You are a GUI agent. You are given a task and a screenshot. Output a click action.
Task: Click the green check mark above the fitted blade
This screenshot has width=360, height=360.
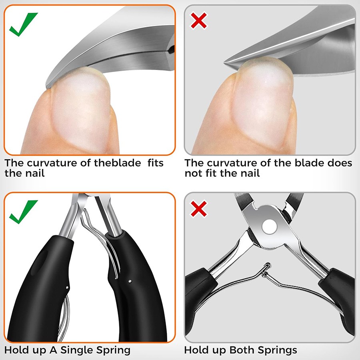point(23,25)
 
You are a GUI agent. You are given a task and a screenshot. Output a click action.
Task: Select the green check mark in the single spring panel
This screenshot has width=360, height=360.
point(23,212)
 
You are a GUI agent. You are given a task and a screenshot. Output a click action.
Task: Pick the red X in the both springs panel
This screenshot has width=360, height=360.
point(199,208)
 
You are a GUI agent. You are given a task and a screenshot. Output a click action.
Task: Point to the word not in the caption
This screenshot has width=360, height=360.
point(193,174)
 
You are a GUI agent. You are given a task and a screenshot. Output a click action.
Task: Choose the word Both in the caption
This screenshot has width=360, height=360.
point(243,350)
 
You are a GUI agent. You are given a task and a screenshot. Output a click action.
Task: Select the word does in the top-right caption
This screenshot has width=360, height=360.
point(340,164)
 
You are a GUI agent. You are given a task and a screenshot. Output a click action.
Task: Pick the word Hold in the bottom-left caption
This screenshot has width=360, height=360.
point(16,350)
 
